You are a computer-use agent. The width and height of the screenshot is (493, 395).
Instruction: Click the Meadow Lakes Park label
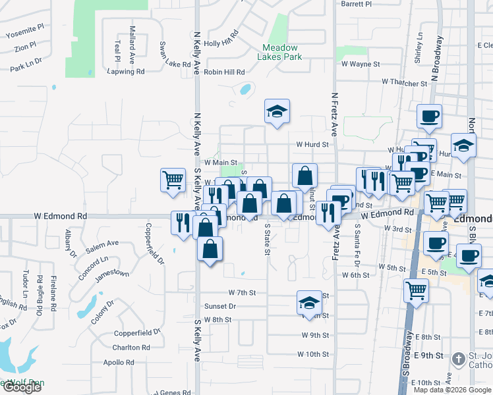281,52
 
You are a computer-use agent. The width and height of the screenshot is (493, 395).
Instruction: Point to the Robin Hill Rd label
224,72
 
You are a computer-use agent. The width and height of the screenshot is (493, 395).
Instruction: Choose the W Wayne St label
360,65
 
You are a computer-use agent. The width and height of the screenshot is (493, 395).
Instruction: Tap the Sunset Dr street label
220,306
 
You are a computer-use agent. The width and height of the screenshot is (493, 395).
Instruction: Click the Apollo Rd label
119,362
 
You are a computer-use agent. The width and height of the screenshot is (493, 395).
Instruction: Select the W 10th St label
312,354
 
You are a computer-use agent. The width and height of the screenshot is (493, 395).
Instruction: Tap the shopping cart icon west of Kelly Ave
173,179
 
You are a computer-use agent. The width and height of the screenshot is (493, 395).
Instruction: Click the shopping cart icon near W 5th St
416,290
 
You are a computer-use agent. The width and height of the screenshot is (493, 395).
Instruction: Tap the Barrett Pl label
357,4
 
